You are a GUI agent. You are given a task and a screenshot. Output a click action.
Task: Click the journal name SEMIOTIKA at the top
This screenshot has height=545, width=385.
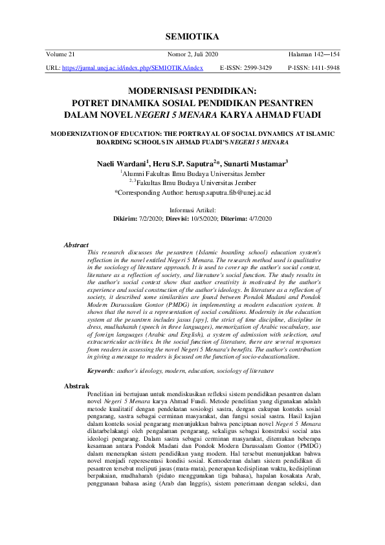(192, 35)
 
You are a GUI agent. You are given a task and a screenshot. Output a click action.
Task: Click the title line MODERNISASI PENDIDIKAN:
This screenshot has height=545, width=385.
(192, 92)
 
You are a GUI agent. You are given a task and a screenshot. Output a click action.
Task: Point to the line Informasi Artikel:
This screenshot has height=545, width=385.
(192, 210)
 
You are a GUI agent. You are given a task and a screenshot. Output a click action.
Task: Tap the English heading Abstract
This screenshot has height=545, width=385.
(76, 245)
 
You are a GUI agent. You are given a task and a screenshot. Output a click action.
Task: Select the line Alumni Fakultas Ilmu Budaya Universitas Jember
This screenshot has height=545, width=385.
(193, 174)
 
